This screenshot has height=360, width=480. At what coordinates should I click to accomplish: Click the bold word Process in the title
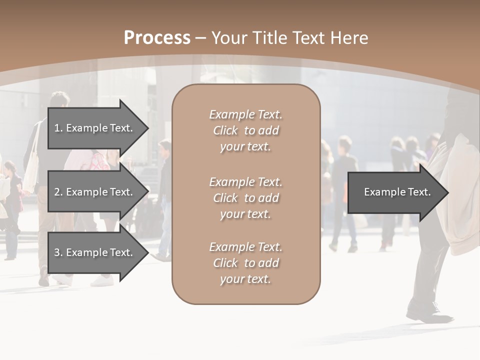[157, 38]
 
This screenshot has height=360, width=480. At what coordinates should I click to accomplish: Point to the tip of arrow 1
[147, 128]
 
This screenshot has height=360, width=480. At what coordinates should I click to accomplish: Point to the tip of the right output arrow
[447, 192]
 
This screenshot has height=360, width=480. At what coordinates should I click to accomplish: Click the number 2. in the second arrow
[58, 192]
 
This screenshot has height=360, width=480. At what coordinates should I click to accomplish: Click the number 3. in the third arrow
[58, 252]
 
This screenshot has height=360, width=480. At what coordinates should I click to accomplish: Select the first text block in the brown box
[245, 130]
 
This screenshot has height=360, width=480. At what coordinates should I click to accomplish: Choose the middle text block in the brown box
[245, 198]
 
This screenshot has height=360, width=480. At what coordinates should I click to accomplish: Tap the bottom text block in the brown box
[245, 263]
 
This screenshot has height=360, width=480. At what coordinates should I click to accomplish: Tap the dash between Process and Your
[201, 38]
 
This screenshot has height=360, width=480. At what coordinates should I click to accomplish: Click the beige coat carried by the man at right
[457, 200]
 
